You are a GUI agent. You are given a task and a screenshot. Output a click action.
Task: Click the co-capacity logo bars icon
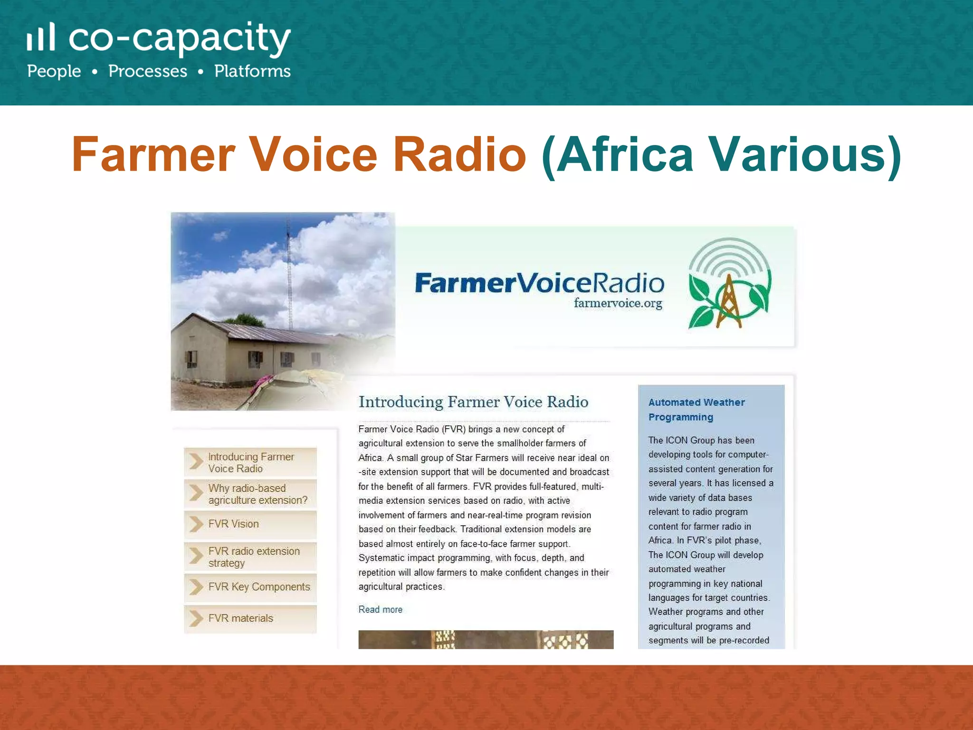pyautogui.click(x=41, y=37)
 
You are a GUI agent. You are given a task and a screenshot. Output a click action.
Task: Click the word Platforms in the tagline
pyautogui.click(x=252, y=71)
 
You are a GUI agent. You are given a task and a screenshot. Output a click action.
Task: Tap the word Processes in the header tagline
pyautogui.click(x=148, y=71)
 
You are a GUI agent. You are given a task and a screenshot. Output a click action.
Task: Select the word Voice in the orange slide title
pyautogui.click(x=313, y=154)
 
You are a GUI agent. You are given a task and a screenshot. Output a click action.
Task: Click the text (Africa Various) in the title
pyautogui.click(x=721, y=155)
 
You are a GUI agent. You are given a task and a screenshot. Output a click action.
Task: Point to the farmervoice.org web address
pyautogui.click(x=618, y=303)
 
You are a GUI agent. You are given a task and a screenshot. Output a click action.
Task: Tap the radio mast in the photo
pyautogui.click(x=289, y=276)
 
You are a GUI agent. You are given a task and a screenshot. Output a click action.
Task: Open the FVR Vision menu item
pyautogui.click(x=234, y=524)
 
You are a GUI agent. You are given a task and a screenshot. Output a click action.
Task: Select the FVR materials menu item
pyautogui.click(x=241, y=618)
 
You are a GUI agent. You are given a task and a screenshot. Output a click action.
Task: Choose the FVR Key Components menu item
pyautogui.click(x=259, y=587)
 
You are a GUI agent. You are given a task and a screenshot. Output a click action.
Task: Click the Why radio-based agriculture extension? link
pyautogui.click(x=258, y=494)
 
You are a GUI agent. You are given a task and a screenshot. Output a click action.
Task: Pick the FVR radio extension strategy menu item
pyautogui.click(x=254, y=557)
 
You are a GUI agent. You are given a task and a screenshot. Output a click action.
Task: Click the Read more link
pyautogui.click(x=380, y=610)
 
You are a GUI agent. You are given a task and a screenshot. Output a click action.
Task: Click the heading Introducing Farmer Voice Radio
pyautogui.click(x=473, y=402)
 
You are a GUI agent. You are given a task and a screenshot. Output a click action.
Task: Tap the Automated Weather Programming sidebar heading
pyautogui.click(x=696, y=410)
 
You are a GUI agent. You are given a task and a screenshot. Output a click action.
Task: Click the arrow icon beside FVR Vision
pyautogui.click(x=196, y=524)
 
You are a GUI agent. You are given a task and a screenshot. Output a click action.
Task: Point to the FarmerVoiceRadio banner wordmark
pyautogui.click(x=539, y=283)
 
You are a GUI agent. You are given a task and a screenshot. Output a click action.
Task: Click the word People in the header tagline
pyautogui.click(x=54, y=71)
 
